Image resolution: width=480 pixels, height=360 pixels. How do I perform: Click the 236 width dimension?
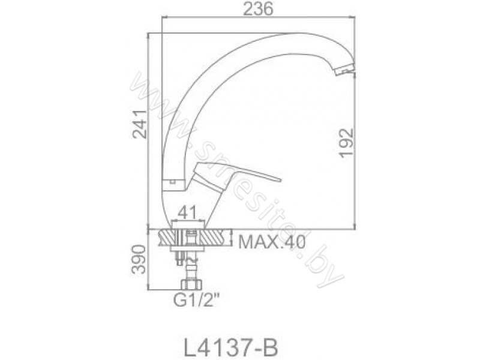258,9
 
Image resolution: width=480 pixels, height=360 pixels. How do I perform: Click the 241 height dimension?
140,124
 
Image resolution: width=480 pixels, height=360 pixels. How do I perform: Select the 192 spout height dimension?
347,143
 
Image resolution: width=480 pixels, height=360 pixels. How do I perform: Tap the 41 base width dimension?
187,212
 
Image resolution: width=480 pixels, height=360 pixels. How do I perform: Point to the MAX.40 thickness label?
272,242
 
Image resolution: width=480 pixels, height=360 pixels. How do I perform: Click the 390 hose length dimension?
138,259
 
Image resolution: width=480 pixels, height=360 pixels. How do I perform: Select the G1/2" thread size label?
197,302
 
